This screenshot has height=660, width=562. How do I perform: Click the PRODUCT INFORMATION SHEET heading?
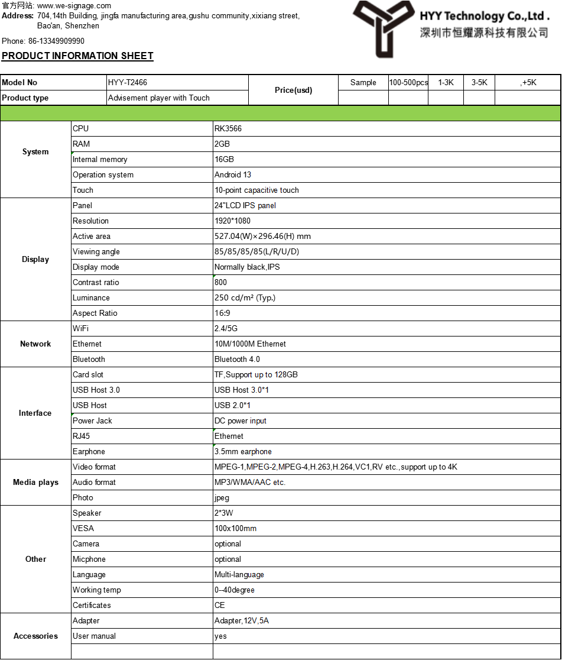77,56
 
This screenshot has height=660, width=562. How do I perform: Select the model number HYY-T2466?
128,83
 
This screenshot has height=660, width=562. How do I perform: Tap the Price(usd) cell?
293,90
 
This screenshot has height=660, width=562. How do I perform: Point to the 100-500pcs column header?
408,83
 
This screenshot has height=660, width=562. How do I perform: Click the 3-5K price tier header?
479,83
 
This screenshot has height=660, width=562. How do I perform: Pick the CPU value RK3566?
228,129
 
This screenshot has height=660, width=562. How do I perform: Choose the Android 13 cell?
233,175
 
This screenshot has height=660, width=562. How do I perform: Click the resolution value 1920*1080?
232,221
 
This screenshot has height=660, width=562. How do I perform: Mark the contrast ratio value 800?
221,283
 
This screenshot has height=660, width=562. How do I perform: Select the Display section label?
35,260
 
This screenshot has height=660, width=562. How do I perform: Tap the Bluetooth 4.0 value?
237,360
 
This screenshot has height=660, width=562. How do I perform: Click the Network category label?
35,344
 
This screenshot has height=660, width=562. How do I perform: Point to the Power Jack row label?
92,421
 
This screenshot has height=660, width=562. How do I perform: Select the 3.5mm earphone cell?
243,452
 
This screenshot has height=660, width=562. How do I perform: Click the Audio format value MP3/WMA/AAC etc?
250,483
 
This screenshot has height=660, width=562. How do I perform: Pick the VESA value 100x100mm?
235,529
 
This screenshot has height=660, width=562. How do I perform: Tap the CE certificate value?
220,606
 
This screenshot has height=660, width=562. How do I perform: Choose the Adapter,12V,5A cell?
242,621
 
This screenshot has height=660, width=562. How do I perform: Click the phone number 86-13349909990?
56,41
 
